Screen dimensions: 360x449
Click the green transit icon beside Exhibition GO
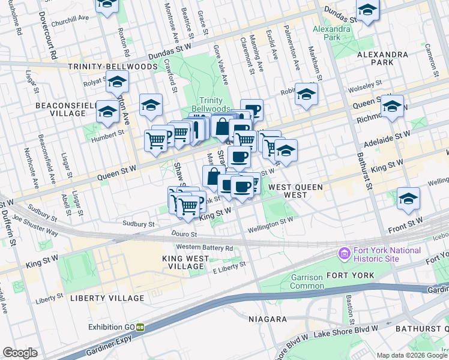(140, 327)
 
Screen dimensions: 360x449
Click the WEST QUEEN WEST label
(295, 187)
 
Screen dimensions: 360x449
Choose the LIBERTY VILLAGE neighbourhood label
(107, 298)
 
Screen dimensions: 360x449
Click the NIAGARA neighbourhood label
(267, 319)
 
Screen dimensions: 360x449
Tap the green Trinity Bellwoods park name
(215, 104)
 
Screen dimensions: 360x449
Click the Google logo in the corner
(20, 352)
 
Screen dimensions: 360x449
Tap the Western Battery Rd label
(205, 248)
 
